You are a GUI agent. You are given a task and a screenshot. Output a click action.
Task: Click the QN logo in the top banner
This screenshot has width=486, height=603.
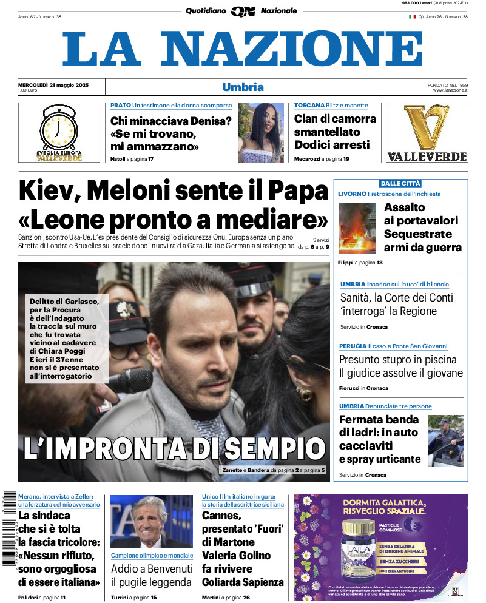[x=243, y=11]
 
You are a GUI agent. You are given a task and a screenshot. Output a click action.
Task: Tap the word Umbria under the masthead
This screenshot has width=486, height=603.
[x=243, y=87]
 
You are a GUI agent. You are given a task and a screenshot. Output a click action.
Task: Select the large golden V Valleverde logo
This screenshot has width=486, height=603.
[x=427, y=127]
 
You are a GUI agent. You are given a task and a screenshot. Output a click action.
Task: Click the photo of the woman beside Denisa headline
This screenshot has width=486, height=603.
[x=260, y=133]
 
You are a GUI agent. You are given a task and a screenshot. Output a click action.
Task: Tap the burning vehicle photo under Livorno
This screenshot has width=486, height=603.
[x=357, y=227]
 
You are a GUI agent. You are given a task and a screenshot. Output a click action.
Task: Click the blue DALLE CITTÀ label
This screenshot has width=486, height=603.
[x=400, y=183]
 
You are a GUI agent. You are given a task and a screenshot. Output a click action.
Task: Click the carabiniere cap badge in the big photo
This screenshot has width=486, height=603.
[x=127, y=311]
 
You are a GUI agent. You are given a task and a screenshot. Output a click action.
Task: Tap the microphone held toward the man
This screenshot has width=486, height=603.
[x=130, y=381]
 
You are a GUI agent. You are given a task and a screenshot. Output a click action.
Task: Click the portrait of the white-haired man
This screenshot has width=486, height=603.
[x=151, y=522]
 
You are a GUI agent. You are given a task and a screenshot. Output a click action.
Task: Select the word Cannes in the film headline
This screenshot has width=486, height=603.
[x=222, y=516]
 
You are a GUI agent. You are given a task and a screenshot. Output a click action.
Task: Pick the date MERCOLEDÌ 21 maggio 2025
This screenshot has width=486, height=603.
[x=53, y=84]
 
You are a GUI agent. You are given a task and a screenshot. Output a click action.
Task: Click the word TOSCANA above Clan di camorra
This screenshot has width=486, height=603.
[x=309, y=105]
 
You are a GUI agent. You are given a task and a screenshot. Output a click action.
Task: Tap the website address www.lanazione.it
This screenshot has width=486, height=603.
[x=450, y=90]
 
